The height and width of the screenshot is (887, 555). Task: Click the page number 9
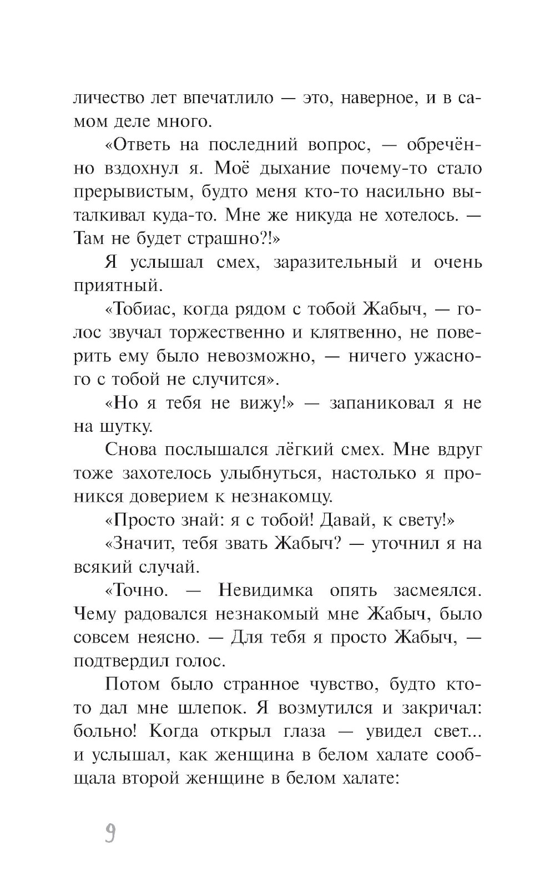110,833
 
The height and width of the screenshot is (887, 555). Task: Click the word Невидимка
266,590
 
